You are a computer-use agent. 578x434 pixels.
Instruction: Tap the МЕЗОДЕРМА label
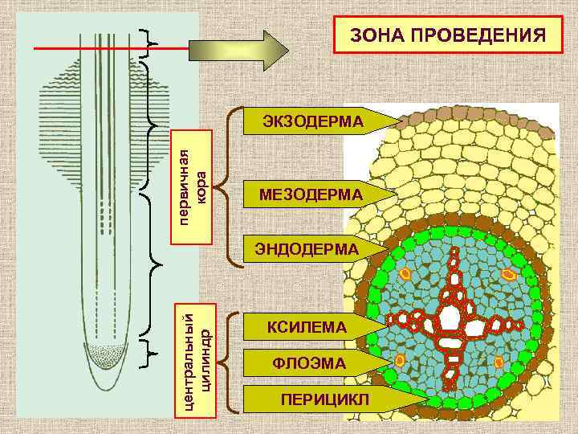click(x=311, y=194)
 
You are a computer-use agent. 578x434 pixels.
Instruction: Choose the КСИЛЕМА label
click(x=307, y=326)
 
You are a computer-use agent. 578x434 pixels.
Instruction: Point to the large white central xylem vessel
click(x=449, y=315)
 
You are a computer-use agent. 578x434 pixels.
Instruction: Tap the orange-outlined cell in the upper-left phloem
click(x=405, y=274)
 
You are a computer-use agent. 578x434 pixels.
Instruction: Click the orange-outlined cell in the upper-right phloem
click(x=509, y=276)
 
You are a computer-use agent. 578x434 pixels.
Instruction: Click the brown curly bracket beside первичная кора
click(x=233, y=186)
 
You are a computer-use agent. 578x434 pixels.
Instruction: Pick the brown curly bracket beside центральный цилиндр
click(x=233, y=359)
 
